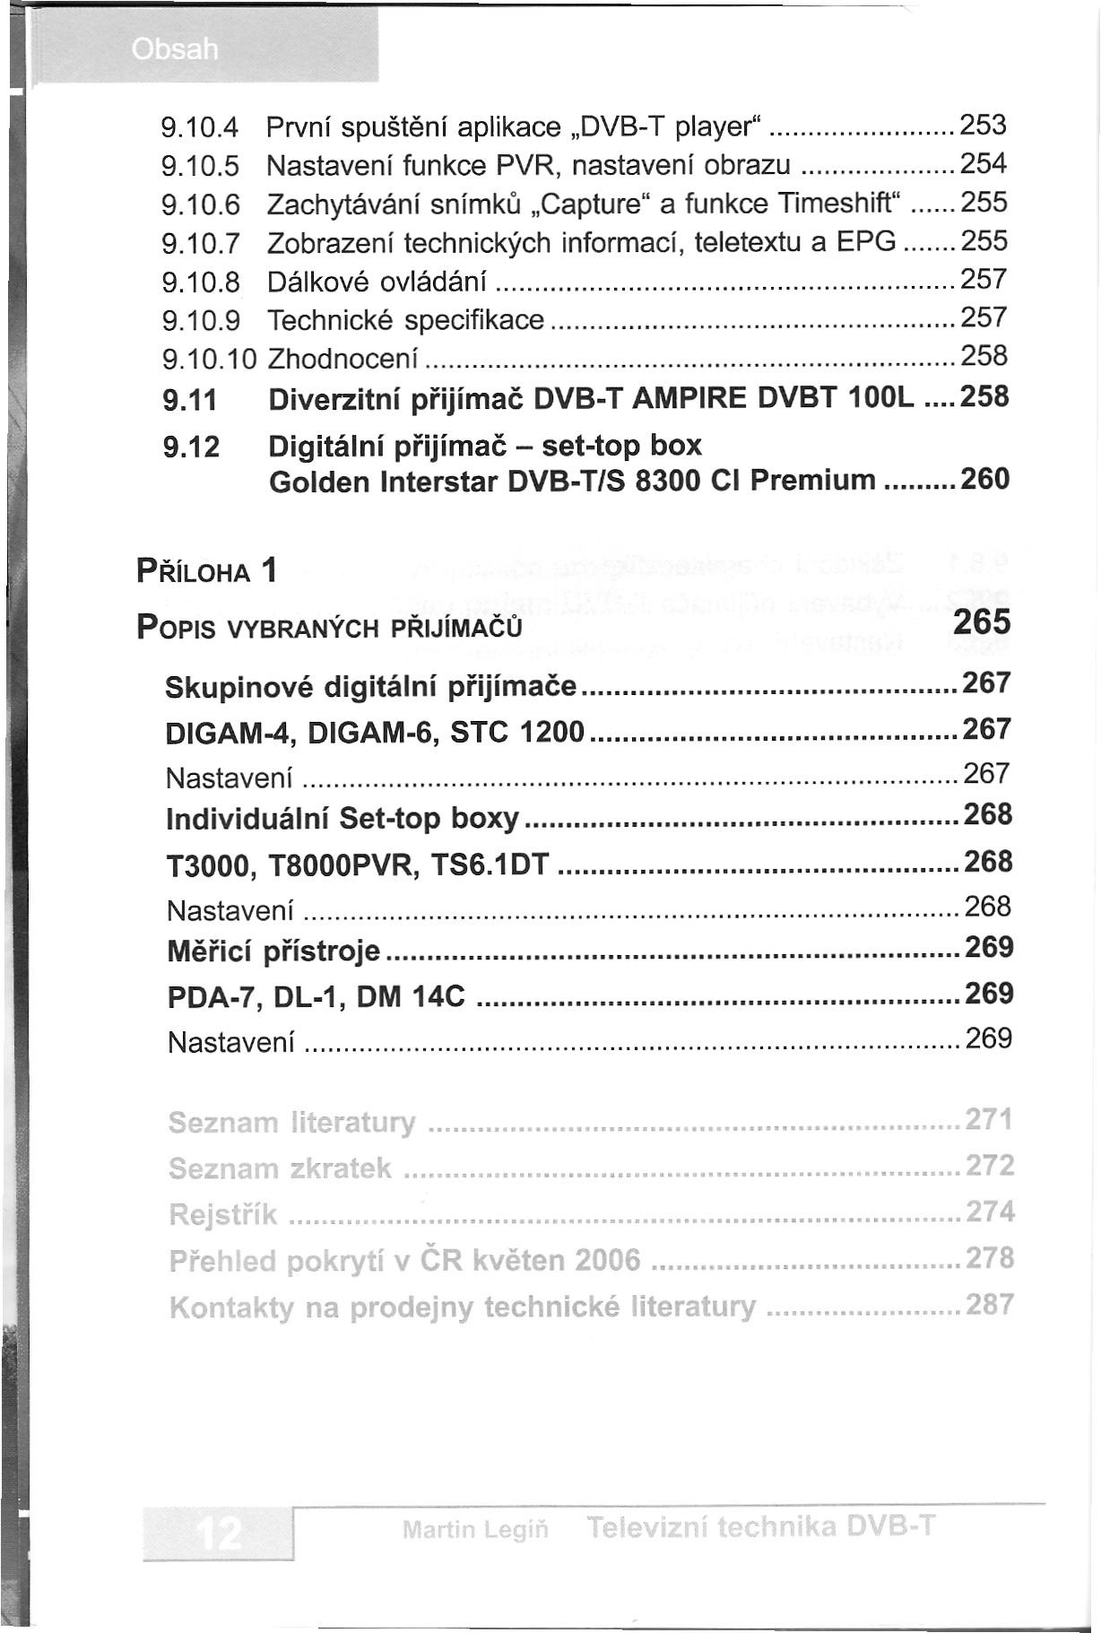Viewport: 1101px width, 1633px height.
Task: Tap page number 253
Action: [x=984, y=126]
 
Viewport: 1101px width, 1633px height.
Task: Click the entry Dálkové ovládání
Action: [x=377, y=282]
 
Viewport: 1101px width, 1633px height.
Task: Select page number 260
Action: [x=984, y=480]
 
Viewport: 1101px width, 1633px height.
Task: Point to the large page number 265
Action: [x=981, y=622]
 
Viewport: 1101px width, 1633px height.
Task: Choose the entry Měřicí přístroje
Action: [x=274, y=951]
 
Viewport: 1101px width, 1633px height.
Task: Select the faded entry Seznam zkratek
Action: [x=280, y=1168]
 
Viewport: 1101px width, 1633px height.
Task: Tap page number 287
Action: [x=989, y=1304]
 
